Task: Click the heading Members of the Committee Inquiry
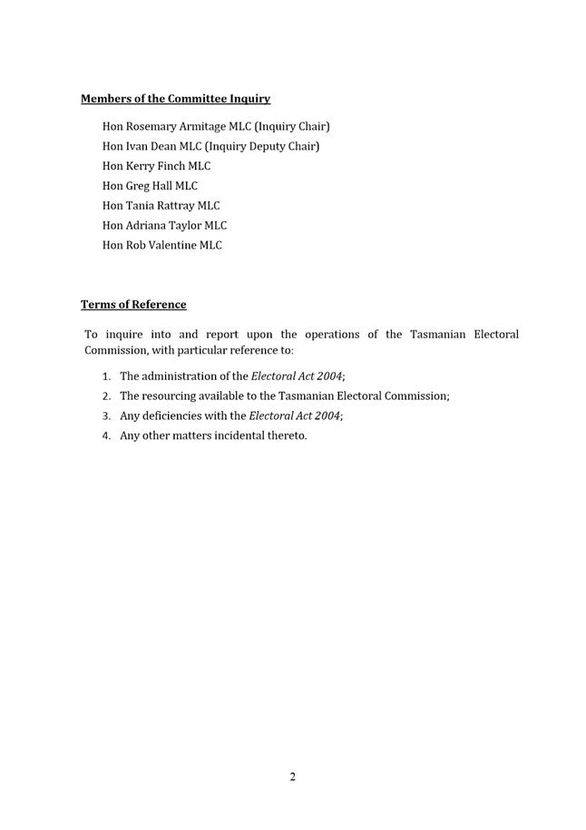coord(175,99)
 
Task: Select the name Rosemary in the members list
coord(151,126)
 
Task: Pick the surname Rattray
coord(172,206)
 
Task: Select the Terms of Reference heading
coord(133,305)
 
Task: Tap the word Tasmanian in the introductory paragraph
coord(435,335)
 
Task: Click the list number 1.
coord(106,376)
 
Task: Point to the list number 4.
coord(106,436)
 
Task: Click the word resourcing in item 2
coord(171,396)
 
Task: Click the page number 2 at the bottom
coord(293,776)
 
